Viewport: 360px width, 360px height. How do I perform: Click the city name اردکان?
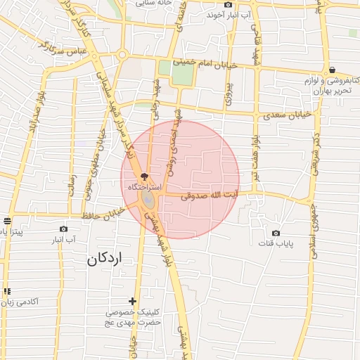[104, 258]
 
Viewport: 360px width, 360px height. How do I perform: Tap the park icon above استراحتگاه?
[145, 176]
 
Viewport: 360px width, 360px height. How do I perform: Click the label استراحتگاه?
[144, 188]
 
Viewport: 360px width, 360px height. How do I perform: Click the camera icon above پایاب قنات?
[276, 233]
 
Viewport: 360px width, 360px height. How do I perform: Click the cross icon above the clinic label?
[133, 301]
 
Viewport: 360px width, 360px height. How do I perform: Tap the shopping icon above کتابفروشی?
[331, 70]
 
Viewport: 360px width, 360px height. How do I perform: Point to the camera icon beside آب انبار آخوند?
[228, 5]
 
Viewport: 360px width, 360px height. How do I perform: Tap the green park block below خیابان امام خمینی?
[182, 73]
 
